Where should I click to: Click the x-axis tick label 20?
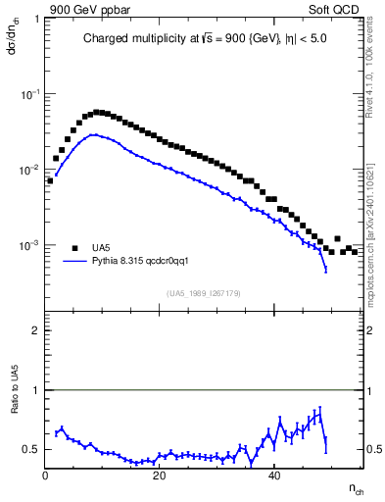coord(160,477)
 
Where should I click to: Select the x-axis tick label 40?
coord(274,477)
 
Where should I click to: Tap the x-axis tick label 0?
coord(46,477)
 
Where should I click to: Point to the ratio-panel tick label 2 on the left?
coord(35,330)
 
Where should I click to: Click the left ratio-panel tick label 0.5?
coord(31,449)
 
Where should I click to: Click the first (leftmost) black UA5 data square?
coord(49,180)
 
